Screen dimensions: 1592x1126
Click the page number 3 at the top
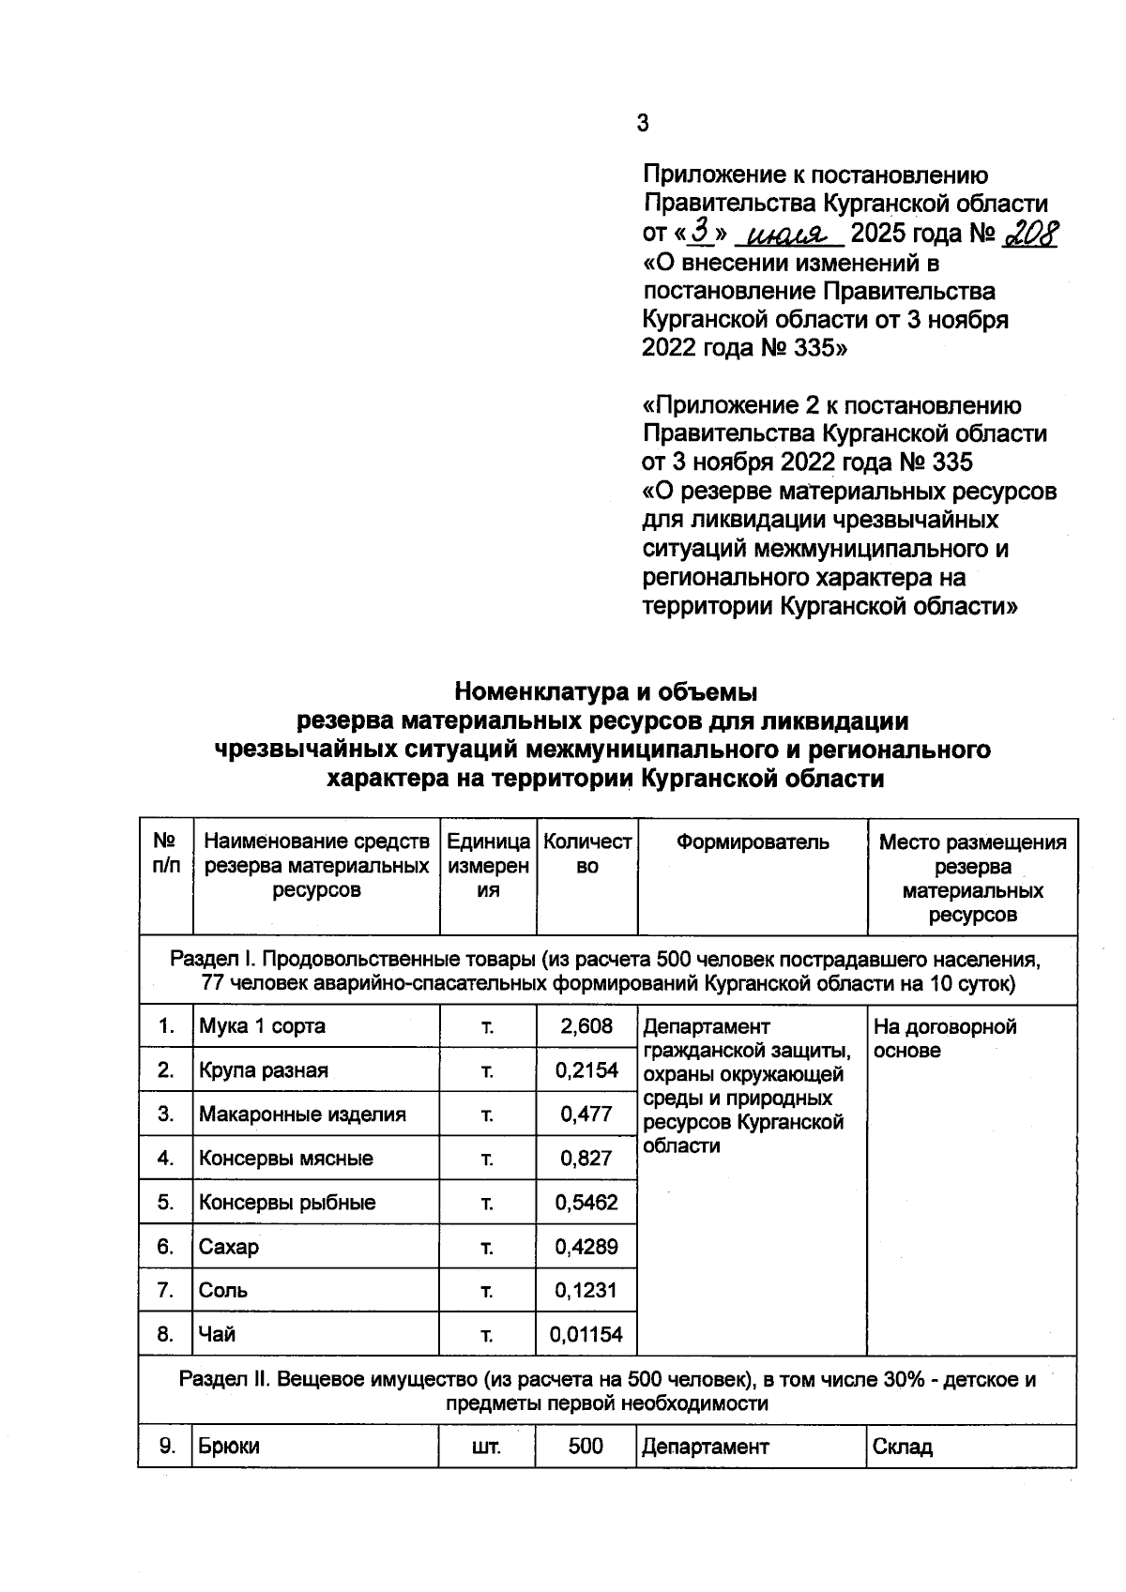(642, 123)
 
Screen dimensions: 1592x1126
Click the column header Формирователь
(753, 842)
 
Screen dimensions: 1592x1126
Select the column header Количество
(587, 854)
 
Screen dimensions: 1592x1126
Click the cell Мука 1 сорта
(262, 1026)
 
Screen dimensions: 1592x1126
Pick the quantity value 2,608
(586, 1026)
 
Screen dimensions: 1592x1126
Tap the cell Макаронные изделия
(302, 1114)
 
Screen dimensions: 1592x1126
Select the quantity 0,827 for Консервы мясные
(586, 1159)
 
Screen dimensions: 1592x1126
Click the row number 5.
(166, 1203)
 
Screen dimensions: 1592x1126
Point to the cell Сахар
(229, 1247)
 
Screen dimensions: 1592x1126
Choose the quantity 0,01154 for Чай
(586, 1334)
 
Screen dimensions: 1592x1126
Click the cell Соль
(223, 1290)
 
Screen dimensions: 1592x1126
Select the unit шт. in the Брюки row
(487, 1447)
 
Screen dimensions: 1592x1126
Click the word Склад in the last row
(903, 1447)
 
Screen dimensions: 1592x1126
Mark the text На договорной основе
(944, 1038)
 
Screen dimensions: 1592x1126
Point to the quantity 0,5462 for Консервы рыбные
(586, 1203)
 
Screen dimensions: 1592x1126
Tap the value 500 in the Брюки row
(586, 1447)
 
